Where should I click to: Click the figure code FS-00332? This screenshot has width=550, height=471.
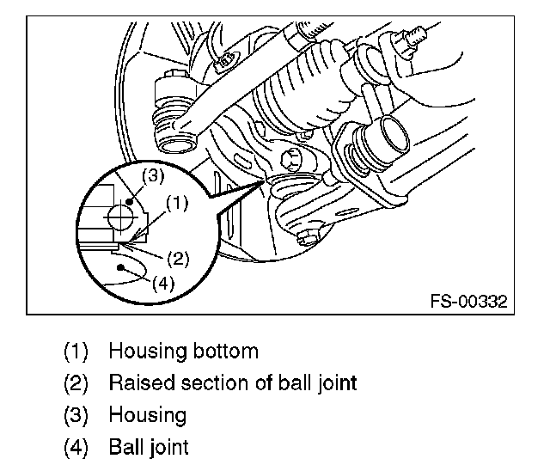[469, 302]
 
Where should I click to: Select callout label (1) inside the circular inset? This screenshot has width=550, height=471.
[176, 204]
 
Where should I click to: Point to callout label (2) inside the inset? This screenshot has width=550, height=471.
[179, 257]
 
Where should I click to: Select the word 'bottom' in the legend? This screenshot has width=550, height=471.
[226, 351]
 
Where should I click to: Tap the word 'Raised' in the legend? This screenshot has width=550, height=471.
[137, 382]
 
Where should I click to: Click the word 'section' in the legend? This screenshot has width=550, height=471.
[200, 382]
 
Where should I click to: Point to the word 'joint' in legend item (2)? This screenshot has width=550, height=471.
[335, 382]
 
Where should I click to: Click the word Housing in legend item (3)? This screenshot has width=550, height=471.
[147, 415]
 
